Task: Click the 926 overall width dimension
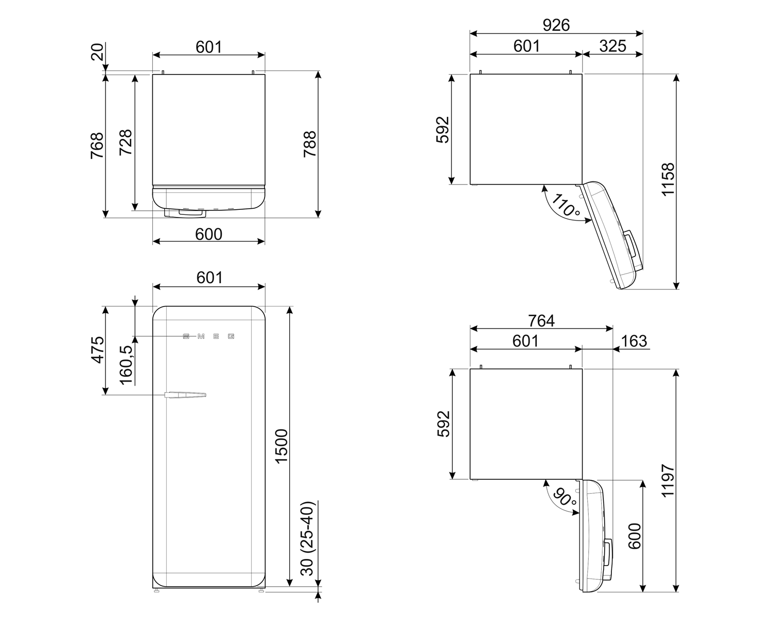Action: coord(556,25)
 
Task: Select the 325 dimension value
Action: coord(612,46)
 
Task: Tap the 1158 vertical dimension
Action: coord(668,179)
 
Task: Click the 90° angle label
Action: coord(565,497)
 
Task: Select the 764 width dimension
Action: coord(541,320)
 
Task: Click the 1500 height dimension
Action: coord(282,446)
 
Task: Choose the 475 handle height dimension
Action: coord(97,350)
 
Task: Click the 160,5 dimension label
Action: coord(126,365)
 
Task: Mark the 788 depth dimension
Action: coord(309,144)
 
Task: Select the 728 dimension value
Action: coord(126,142)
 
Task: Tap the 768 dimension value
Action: coord(97,146)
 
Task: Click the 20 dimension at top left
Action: coord(97,52)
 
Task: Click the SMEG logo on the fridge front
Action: coord(208,336)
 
